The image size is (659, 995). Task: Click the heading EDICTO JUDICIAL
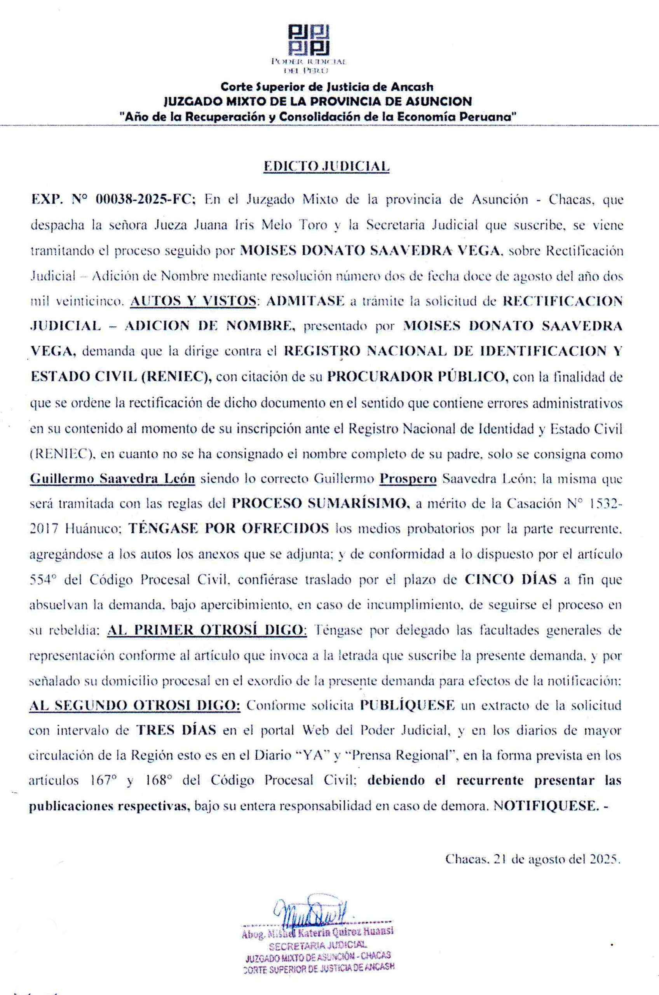[x=326, y=166]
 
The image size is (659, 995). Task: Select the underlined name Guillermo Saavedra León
[x=113, y=479]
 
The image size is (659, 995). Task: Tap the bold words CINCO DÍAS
[x=511, y=580]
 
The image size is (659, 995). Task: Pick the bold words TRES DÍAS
[x=176, y=730]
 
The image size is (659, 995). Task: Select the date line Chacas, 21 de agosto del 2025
[x=532, y=859]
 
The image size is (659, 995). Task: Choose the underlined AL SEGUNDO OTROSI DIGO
[x=134, y=705]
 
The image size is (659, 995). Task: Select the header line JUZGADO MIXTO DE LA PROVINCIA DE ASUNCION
[x=317, y=101]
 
